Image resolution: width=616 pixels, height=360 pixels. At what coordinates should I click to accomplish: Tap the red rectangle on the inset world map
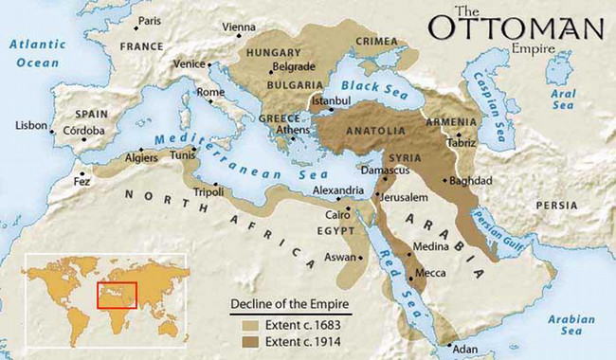117,295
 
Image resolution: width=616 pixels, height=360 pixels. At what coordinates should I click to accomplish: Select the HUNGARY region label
275,55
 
